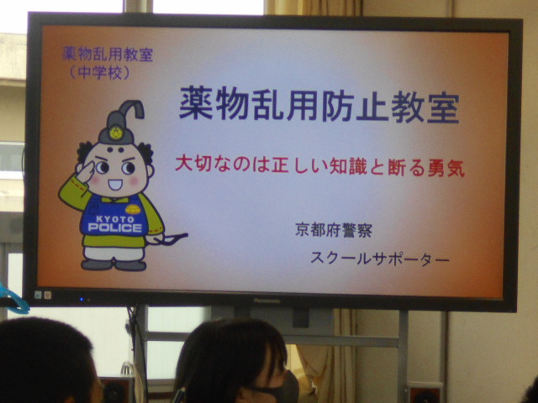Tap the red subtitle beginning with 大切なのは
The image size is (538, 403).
(x=319, y=167)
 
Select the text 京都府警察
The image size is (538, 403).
(x=334, y=230)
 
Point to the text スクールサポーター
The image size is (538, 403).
(x=379, y=259)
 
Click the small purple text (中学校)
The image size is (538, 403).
(x=100, y=72)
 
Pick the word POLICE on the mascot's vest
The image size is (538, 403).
(x=115, y=228)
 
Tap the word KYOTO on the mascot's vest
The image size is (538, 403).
(x=115, y=219)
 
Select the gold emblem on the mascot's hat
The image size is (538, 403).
(x=116, y=133)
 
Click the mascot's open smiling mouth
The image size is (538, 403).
(x=115, y=185)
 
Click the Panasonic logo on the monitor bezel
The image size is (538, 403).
(x=267, y=301)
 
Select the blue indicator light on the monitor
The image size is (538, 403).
(x=82, y=299)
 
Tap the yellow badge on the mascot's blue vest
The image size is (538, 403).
(x=133, y=209)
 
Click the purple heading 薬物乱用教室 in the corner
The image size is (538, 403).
(x=108, y=54)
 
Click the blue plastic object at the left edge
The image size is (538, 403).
(x=13, y=301)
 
